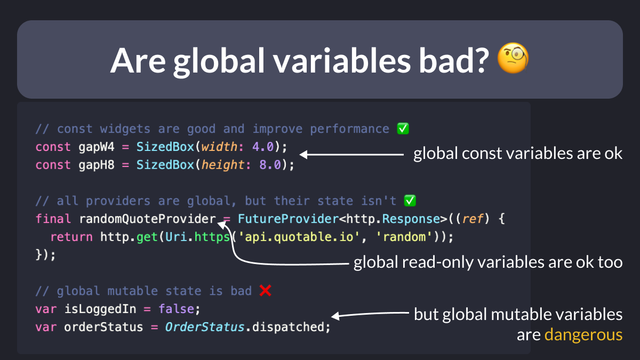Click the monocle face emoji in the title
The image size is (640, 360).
513,58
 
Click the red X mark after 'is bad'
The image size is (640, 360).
266,291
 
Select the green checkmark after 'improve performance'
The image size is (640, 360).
403,129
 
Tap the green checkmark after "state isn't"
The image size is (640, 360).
410,201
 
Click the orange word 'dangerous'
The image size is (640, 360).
583,335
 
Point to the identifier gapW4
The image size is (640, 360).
97,147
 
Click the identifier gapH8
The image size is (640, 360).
97,165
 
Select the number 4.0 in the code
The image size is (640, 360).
263,147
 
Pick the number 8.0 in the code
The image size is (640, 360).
270,165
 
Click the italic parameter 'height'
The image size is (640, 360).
222,165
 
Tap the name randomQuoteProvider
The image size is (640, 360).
147,219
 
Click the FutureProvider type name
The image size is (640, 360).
289,219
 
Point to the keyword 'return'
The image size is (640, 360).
71,237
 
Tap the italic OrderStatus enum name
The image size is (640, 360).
205,327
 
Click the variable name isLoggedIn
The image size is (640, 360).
100,309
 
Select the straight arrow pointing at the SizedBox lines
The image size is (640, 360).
351,155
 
